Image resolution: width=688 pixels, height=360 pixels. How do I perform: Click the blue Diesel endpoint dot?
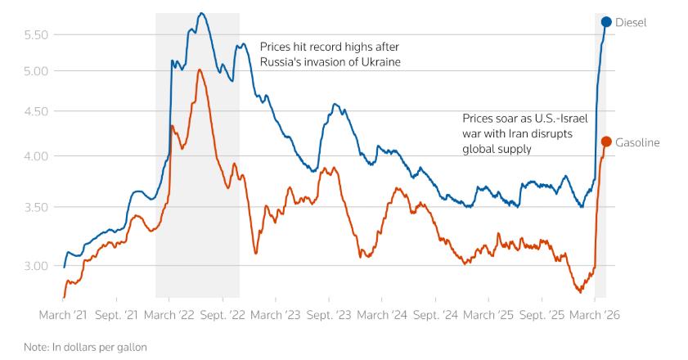606,22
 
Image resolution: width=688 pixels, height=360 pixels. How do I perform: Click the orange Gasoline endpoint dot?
606,142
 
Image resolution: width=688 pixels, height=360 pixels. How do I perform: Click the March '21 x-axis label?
63,314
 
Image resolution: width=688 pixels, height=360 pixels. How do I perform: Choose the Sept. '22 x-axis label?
223,314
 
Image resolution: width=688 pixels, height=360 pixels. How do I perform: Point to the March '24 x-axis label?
382,314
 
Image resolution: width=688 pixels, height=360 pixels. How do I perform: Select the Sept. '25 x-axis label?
542,314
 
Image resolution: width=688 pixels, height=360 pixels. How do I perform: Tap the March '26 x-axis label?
595,314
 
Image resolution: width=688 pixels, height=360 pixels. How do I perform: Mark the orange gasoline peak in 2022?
200,70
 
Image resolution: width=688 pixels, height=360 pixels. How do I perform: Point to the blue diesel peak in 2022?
202,13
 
